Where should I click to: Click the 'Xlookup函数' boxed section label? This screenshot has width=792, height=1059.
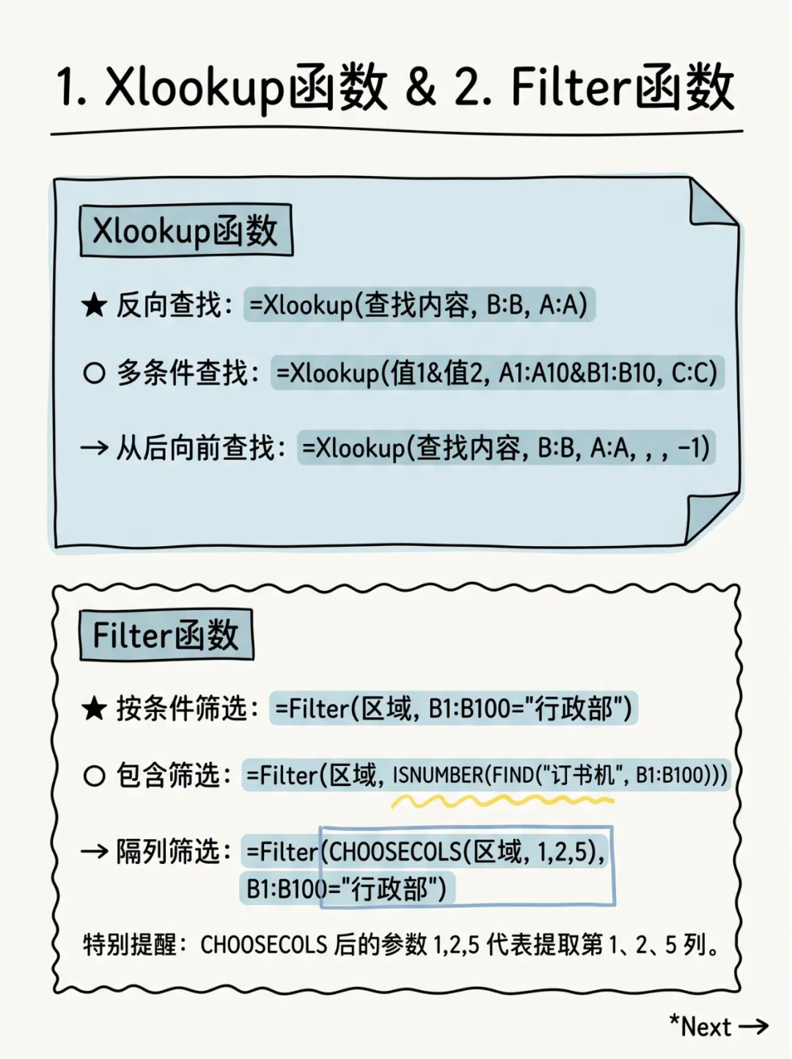(186, 230)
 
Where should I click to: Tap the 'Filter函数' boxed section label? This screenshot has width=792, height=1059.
(166, 635)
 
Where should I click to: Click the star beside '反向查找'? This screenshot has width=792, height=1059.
(94, 305)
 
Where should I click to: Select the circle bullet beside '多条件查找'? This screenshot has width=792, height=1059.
(94, 373)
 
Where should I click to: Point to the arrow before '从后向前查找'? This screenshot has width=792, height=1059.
(94, 447)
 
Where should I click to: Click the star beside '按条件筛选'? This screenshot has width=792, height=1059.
(94, 709)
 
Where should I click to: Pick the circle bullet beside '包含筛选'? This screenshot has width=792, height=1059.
(94, 775)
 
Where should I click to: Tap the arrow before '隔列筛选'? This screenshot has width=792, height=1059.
(94, 851)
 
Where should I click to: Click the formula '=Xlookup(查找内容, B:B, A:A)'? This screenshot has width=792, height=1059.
(419, 305)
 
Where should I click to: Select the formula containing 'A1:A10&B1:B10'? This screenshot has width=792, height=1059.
(496, 373)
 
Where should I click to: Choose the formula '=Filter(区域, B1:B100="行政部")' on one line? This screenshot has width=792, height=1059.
(452, 709)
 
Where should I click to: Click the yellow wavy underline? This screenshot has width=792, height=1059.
(502, 801)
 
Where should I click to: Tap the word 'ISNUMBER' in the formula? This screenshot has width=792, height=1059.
(438, 775)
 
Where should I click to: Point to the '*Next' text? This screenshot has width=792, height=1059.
(700, 1026)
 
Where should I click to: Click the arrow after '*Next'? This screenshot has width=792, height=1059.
(753, 1026)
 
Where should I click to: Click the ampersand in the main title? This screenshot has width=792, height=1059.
(420, 87)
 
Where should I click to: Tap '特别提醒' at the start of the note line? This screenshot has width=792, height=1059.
(130, 944)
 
